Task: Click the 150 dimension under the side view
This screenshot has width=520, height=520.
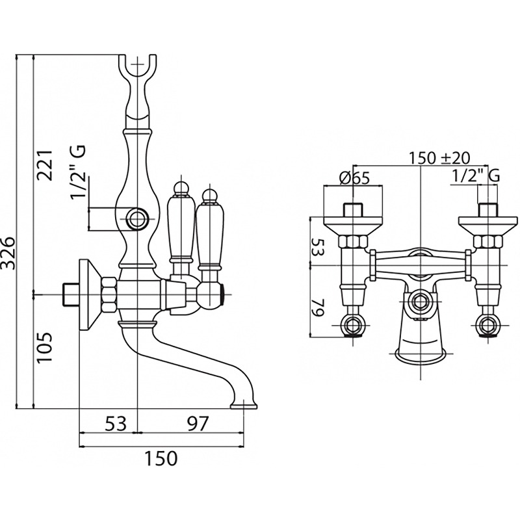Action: click(160, 458)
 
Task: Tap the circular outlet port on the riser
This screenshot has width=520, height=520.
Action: click(137, 219)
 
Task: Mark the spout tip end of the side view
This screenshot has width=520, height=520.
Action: click(244, 406)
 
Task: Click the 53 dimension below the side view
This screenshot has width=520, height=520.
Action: click(115, 424)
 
